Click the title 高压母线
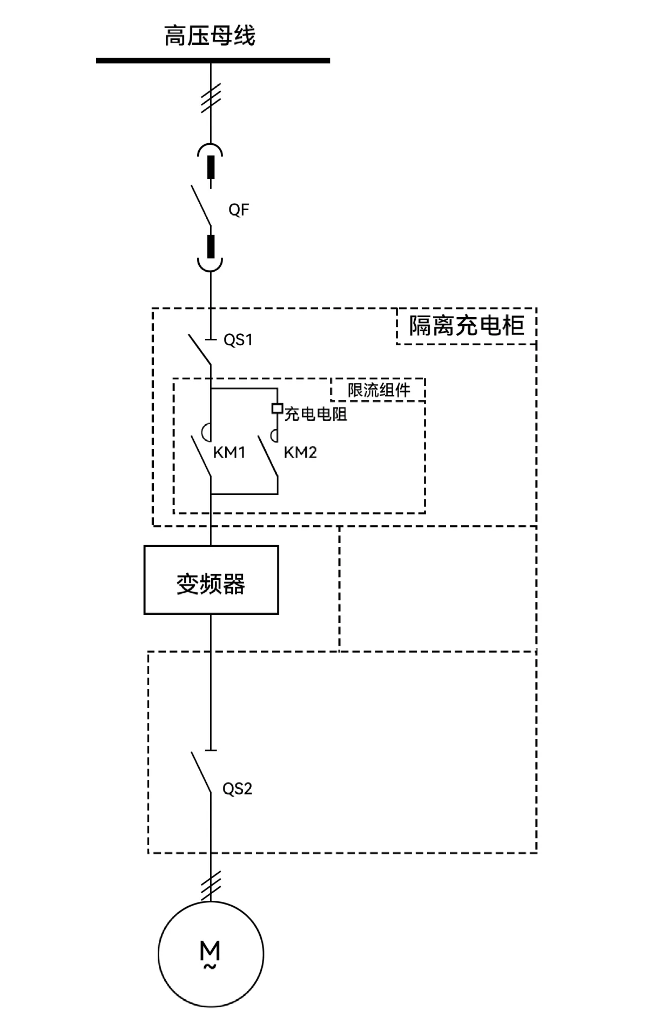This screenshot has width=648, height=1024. pyautogui.click(x=210, y=36)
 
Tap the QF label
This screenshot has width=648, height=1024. pyautogui.click(x=239, y=210)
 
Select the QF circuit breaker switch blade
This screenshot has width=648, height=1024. pyautogui.click(x=200, y=205)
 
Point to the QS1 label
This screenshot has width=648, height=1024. pyautogui.click(x=238, y=340)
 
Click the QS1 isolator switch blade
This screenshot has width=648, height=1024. pyautogui.click(x=199, y=350)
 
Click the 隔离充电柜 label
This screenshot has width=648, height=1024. pyautogui.click(x=466, y=326)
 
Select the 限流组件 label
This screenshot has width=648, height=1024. pyautogui.click(x=379, y=390)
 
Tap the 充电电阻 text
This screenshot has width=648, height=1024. pyautogui.click(x=316, y=414)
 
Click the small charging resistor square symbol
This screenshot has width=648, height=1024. pyautogui.click(x=277, y=409)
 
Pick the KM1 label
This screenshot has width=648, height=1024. pyautogui.click(x=229, y=452)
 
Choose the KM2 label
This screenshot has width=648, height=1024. pyautogui.click(x=300, y=452)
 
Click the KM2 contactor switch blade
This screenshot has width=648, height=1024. pyautogui.click(x=268, y=457)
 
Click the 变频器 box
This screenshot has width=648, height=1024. pyautogui.click(x=211, y=580)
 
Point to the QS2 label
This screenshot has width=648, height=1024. pyautogui.click(x=237, y=789)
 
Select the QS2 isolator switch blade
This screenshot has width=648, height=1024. pyautogui.click(x=200, y=772)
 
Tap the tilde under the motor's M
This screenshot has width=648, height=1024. pyautogui.click(x=210, y=966)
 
